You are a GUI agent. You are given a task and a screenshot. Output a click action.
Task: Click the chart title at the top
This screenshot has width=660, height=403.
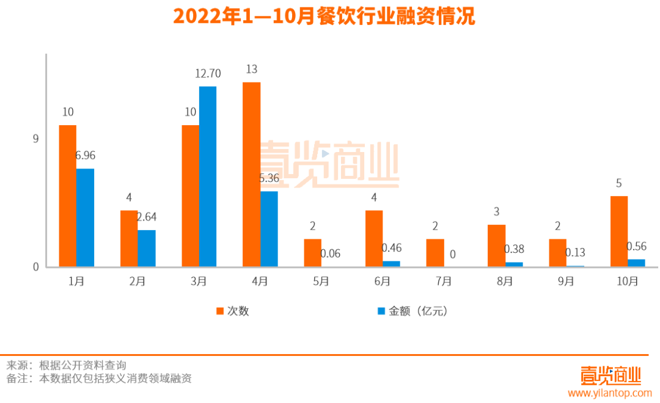click(324, 16)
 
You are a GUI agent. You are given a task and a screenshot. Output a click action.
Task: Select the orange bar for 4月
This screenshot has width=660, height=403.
click(251, 174)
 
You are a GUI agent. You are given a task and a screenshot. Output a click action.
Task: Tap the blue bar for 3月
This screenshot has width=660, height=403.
click(208, 176)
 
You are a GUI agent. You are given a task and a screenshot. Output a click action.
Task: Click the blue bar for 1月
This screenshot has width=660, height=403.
click(86, 217)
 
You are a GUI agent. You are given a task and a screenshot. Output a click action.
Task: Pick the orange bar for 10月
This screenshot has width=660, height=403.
click(619, 231)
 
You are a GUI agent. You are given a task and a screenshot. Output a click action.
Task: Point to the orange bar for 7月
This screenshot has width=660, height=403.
click(435, 253)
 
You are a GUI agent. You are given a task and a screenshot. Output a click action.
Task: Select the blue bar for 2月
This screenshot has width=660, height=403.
click(147, 248)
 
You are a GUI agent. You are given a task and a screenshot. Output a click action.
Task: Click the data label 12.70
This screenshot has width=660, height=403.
click(208, 74)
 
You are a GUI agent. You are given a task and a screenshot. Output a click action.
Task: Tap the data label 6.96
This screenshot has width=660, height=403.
click(86, 156)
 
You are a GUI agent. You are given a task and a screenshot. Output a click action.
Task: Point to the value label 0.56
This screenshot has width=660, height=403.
click(637, 246)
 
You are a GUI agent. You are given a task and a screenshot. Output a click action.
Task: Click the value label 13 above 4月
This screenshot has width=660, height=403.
click(251, 70)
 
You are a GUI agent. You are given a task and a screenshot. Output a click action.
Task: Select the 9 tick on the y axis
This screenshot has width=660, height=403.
click(35, 139)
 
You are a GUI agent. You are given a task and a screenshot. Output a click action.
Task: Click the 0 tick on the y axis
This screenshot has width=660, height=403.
click(35, 267)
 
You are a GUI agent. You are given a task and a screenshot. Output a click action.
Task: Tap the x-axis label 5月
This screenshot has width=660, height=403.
click(321, 281)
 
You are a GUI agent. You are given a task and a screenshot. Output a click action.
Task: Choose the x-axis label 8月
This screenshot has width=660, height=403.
click(505, 281)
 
